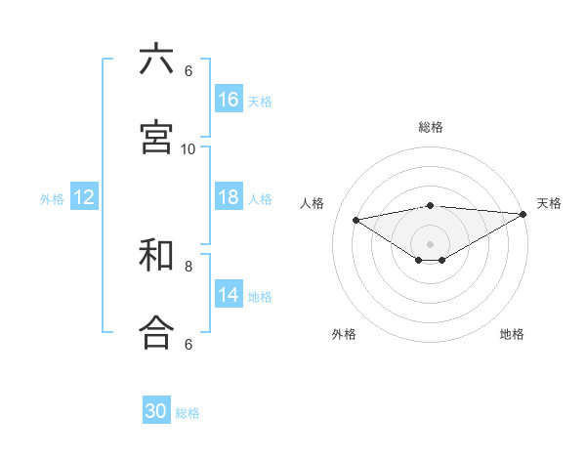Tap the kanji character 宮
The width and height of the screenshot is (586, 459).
click(156, 137)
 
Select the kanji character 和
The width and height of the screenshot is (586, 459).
click(156, 256)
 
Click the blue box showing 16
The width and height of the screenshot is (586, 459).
click(229, 100)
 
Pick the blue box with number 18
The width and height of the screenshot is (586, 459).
click(229, 197)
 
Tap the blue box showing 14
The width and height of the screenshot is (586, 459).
click(229, 295)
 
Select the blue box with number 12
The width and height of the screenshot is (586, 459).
click(84, 197)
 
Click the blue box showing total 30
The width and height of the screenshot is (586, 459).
click(156, 411)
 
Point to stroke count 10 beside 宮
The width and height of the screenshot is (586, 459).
click(188, 148)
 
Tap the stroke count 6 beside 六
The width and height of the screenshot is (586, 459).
click(188, 70)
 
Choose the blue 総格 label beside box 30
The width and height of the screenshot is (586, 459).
click(188, 413)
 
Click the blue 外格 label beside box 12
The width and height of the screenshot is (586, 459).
click(52, 199)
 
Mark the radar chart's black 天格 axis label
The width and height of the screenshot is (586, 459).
click(549, 203)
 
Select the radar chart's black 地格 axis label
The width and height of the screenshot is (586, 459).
click(512, 334)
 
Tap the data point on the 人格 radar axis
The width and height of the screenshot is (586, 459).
click(356, 219)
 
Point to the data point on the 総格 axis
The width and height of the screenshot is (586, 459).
click(431, 205)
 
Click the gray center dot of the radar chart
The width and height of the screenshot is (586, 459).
click(431, 243)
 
